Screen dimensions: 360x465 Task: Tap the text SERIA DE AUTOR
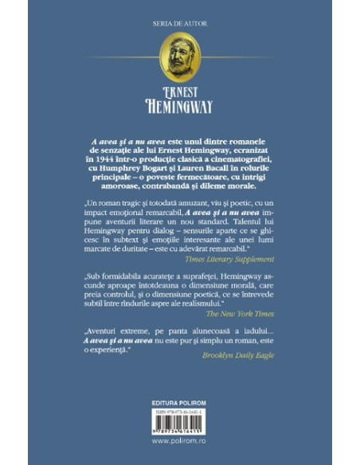point(179,18)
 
